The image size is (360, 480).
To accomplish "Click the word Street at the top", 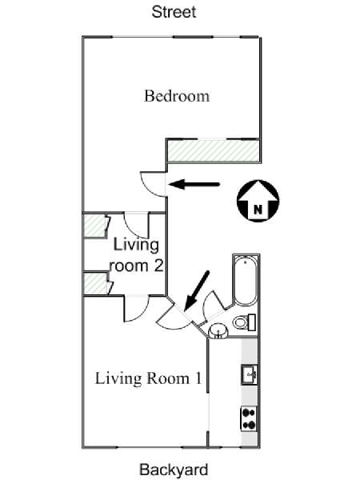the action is [174, 12].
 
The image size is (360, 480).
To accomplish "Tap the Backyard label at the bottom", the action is [174, 470].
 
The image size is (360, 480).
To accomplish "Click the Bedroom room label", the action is [177, 96].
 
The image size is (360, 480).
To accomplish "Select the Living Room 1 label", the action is [149, 378].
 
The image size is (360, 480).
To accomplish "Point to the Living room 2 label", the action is [137, 255].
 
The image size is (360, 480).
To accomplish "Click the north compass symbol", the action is [258, 200].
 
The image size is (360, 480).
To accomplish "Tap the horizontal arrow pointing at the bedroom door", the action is [194, 184].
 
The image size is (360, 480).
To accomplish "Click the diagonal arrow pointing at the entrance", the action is [197, 290].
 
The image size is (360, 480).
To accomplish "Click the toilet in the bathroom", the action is [244, 322].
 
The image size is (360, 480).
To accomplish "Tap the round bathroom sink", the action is [218, 331].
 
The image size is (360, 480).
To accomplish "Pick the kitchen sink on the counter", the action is [249, 374].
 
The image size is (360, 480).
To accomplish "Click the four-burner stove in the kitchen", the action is [249, 418].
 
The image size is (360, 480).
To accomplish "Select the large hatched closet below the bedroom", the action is [213, 150].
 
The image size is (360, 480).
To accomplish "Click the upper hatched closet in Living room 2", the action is [95, 226].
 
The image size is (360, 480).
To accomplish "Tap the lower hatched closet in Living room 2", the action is [95, 283].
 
